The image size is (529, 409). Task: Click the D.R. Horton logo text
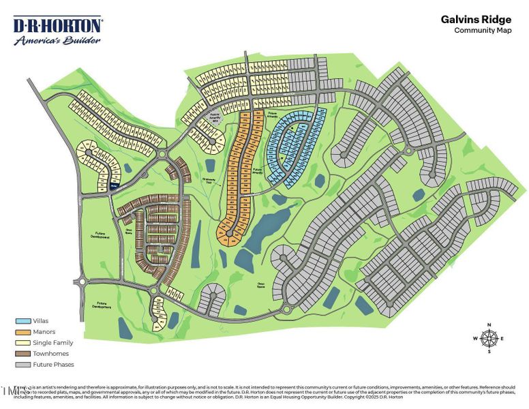pyautogui.click(x=58, y=26)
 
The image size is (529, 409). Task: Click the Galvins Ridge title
pyautogui.click(x=476, y=20)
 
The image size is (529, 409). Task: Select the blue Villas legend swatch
pyautogui.click(x=22, y=320)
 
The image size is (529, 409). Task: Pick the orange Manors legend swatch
pyautogui.click(x=22, y=331)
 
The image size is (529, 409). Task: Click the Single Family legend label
pyautogui.click(x=52, y=343)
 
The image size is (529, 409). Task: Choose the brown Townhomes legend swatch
pyautogui.click(x=22, y=354)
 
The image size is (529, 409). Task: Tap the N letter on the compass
pyautogui.click(x=489, y=324)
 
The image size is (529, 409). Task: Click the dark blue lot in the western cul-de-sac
pyautogui.click(x=115, y=184)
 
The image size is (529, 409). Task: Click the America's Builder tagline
pyautogui.click(x=57, y=40)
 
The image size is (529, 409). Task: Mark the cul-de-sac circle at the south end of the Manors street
pyautogui.click(x=230, y=233)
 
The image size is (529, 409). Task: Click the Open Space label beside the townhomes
pyautogui.click(x=127, y=230)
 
